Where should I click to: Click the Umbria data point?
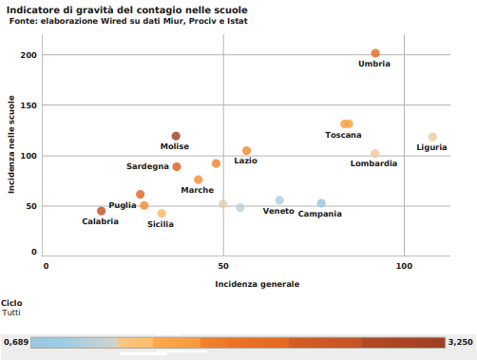375,53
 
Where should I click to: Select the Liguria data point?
432,137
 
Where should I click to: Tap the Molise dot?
176,136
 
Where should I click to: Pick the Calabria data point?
102,211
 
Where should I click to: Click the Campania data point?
321,203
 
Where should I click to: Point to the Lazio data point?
246,151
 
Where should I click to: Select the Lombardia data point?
375,153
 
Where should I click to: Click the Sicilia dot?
162,214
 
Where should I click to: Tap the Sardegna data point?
177,166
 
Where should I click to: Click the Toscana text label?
343,135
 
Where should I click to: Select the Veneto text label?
278,211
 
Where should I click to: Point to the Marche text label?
198,190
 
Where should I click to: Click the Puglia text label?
123,205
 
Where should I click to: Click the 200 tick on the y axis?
28,55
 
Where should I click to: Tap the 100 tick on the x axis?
405,266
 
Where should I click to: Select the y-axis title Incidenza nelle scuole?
12,150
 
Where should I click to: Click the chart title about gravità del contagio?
126,9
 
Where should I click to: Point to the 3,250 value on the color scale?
460,341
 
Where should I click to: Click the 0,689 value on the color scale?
15,341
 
